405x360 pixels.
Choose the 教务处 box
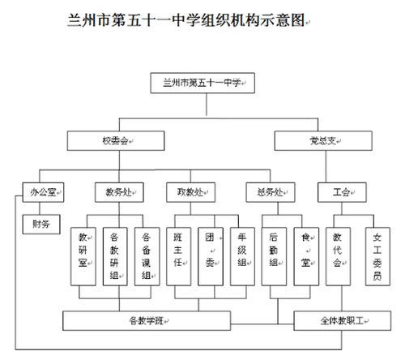click(x=118, y=193)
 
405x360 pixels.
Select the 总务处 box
click(x=268, y=193)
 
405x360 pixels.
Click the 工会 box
click(x=341, y=193)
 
